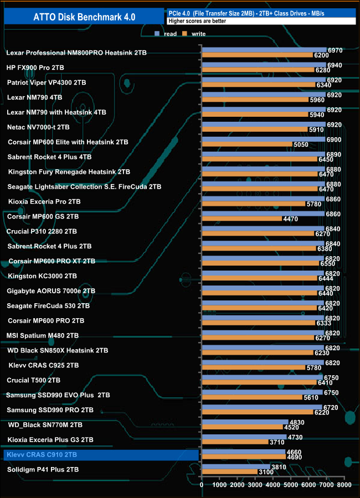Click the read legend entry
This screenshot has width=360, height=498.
[x=169, y=34]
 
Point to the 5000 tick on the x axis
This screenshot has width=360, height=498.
[x=291, y=485]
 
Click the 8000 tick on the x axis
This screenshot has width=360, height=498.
[x=344, y=485]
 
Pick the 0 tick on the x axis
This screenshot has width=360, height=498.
[x=202, y=485]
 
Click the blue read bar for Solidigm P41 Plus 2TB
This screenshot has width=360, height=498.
[x=236, y=466]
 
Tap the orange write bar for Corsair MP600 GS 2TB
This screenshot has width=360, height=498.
[x=241, y=219]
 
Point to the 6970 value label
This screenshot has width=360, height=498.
[x=335, y=50]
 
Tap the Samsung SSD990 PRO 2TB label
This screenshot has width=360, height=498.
[x=50, y=410]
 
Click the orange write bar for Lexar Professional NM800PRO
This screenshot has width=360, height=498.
[x=257, y=55]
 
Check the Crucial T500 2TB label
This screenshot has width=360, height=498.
[x=33, y=380]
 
